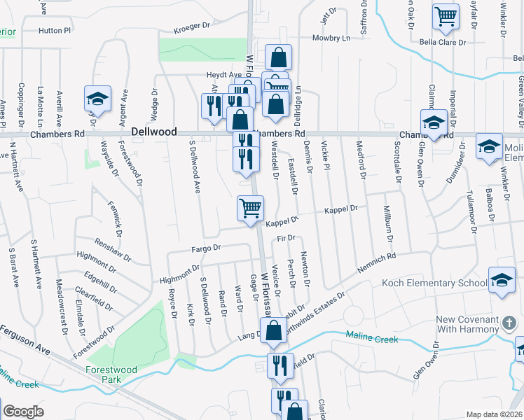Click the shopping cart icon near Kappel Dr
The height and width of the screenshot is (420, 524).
click(x=250, y=208)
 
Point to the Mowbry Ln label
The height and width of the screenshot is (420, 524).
click(x=331, y=38)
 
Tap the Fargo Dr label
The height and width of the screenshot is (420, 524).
click(x=207, y=248)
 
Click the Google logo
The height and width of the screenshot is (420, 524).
click(x=24, y=412)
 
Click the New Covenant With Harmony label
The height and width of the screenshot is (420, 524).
click(x=468, y=325)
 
